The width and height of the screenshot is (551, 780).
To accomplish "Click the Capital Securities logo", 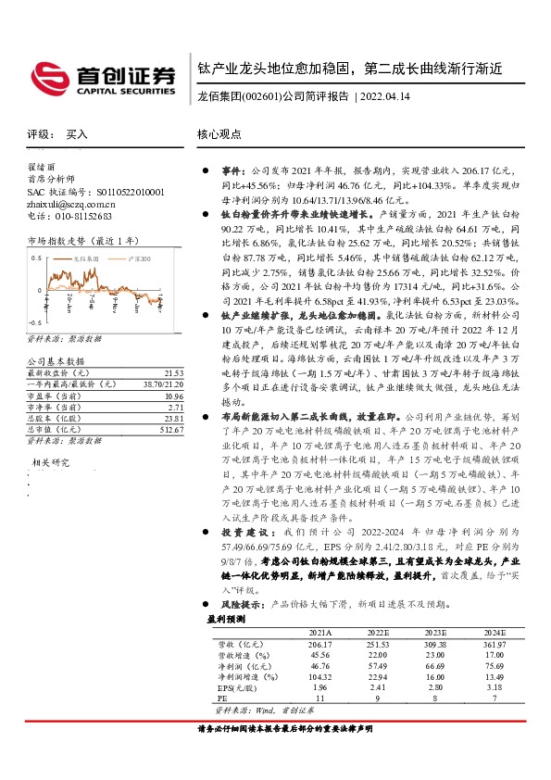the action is click(103, 77).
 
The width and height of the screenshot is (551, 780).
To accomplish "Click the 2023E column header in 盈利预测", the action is click(436, 631).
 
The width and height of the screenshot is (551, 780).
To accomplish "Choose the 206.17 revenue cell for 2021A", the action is click(319, 643).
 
